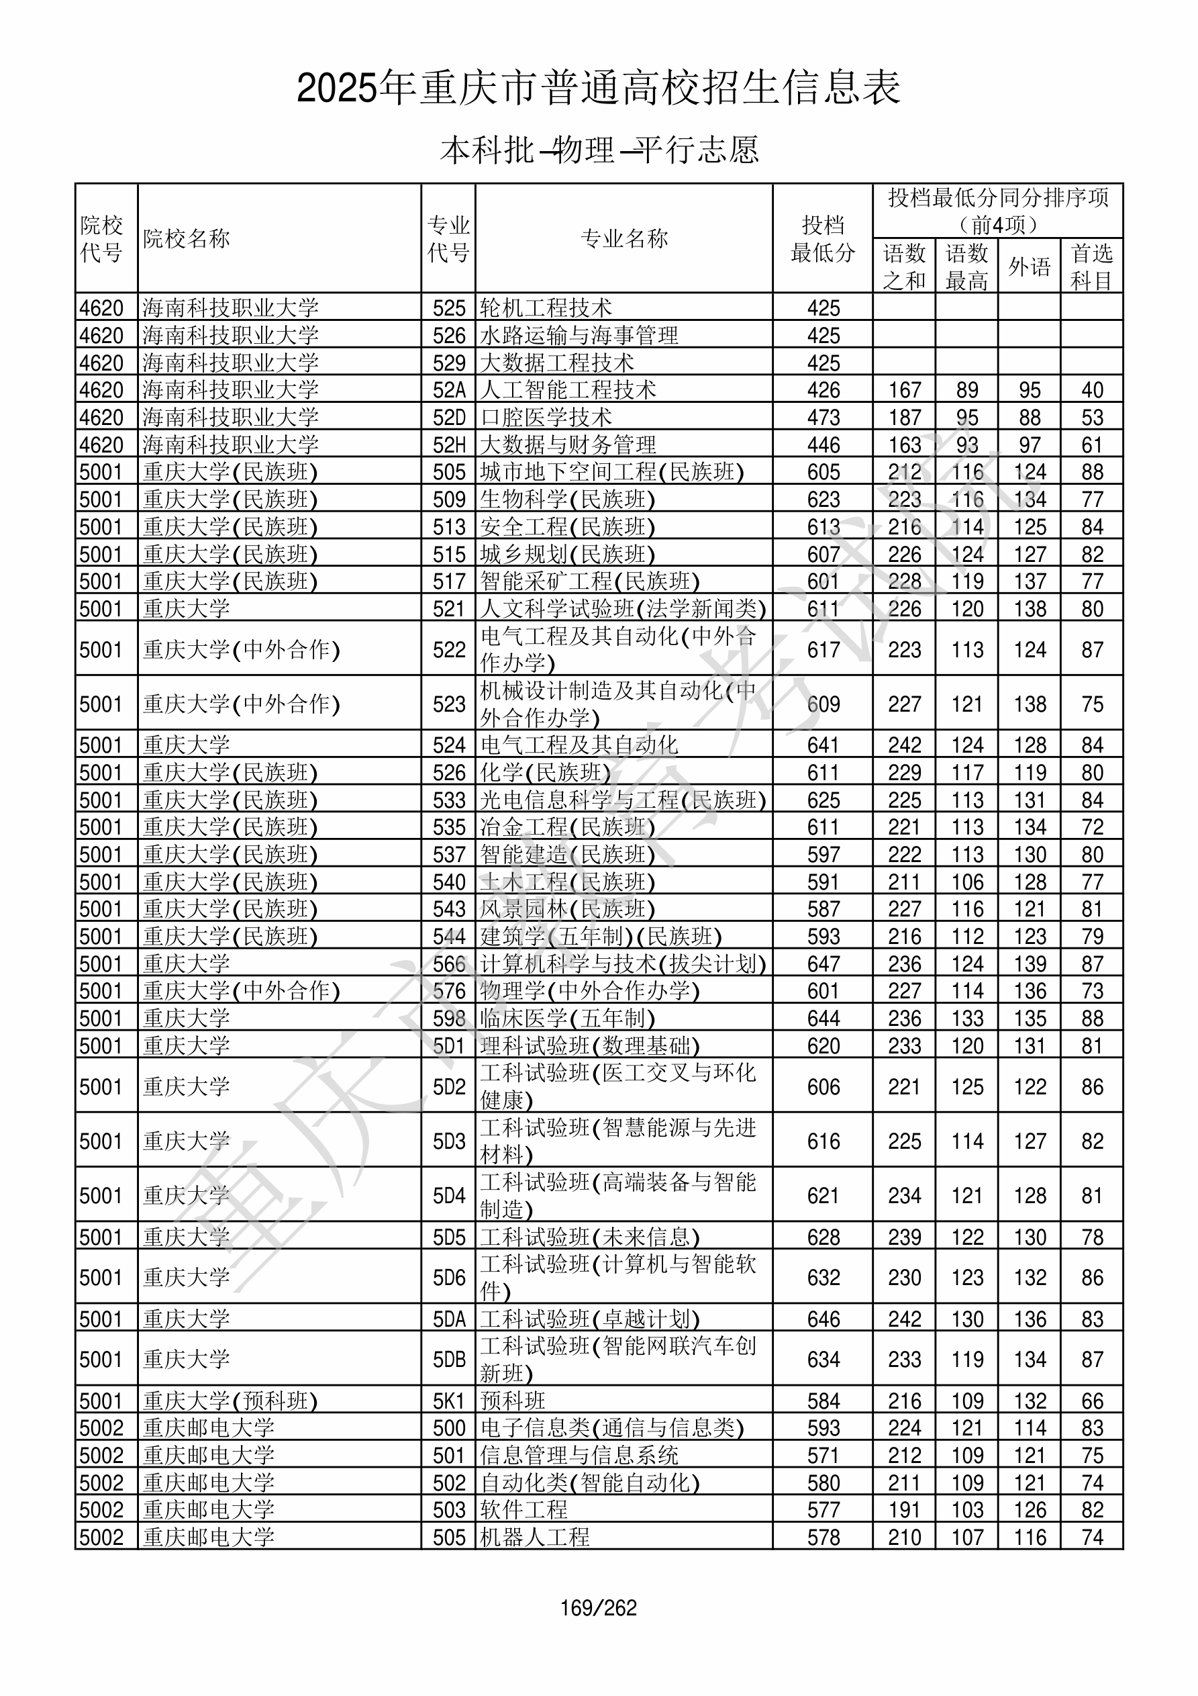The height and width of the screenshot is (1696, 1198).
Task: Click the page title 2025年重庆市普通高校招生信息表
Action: pyautogui.click(x=598, y=89)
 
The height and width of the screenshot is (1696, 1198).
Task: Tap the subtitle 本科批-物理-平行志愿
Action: pyautogui.click(x=598, y=150)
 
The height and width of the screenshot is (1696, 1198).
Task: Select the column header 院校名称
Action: pyautogui.click(x=187, y=238)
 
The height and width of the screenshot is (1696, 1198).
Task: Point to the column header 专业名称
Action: pyautogui.click(x=624, y=238)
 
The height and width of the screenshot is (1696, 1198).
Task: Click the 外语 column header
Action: pyautogui.click(x=1030, y=267)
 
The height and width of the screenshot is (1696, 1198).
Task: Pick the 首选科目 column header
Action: pyautogui.click(x=1092, y=267)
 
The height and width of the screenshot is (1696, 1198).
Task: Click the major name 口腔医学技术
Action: pyautogui.click(x=546, y=418)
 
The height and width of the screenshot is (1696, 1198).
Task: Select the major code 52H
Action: pyautogui.click(x=449, y=444)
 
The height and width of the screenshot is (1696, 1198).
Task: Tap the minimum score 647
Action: pyautogui.click(x=823, y=964)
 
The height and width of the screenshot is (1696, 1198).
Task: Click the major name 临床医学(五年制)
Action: pyautogui.click(x=567, y=1019)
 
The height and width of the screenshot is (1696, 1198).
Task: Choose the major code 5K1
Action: pyautogui.click(x=449, y=1401)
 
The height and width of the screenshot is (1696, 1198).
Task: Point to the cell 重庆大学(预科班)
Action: pyautogui.click(x=230, y=1401)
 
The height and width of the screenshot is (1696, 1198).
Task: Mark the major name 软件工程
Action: pyautogui.click(x=523, y=1510)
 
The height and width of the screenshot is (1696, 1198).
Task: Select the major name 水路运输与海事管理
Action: pyautogui.click(x=579, y=335)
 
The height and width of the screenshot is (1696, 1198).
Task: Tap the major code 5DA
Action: pyautogui.click(x=449, y=1319)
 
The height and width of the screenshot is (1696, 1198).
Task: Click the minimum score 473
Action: pyautogui.click(x=823, y=418)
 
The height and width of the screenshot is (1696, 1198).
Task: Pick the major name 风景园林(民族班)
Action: pyautogui.click(x=567, y=909)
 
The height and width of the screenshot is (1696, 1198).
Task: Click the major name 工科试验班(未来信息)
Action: pyautogui.click(x=589, y=1237)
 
